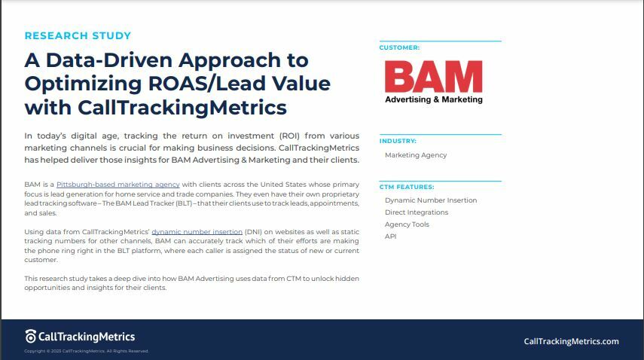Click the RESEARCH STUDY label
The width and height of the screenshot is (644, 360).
coord(78,35)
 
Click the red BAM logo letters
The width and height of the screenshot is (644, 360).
coord(433,77)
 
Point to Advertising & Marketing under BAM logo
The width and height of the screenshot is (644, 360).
coord(433,99)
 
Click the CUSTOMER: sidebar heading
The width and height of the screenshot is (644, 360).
coord(399,47)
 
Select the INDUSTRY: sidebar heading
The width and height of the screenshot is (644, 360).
coord(398,141)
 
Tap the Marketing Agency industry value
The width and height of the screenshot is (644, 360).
coord(416,155)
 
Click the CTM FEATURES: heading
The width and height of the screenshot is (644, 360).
coord(407,187)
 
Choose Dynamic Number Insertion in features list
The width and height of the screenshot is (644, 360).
coord(431,200)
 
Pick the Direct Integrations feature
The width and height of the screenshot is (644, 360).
coord(417,212)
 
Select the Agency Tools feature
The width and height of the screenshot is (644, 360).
coord(407,224)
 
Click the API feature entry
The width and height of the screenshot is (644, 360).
coord(390,236)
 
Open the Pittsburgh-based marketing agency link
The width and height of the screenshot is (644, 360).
coord(118,185)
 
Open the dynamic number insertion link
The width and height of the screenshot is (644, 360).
coord(197,232)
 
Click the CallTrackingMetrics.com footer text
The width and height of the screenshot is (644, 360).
coord(571,341)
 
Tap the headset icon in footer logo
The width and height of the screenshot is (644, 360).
coord(31,337)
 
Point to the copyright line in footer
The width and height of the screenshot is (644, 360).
coord(87,351)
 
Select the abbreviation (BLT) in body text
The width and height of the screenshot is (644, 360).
coord(143,203)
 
